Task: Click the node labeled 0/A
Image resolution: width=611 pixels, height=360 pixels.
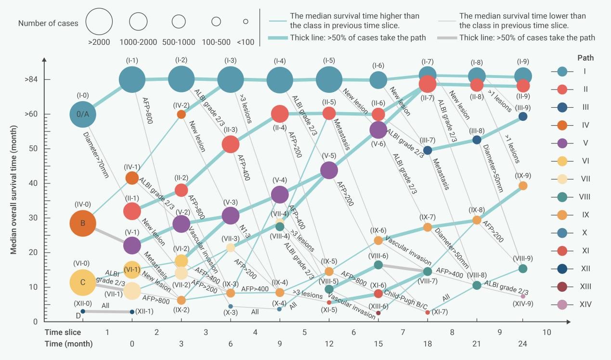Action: click(x=83, y=114)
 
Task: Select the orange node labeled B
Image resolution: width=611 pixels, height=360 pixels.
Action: click(x=83, y=223)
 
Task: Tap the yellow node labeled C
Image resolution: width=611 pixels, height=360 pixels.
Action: click(x=83, y=283)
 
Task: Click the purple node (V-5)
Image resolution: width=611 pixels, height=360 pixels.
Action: click(x=329, y=170)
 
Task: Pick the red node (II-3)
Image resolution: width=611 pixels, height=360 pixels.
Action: click(x=231, y=144)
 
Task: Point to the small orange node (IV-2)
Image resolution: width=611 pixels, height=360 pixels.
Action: click(x=181, y=115)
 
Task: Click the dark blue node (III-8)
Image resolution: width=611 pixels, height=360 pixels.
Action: click(x=477, y=140)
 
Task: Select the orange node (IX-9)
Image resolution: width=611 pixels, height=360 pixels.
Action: click(x=523, y=186)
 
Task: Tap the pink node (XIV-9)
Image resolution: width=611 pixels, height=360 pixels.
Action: click(x=523, y=296)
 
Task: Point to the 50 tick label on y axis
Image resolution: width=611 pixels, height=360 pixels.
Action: click(x=33, y=149)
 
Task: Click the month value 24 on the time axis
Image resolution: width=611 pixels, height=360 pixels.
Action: click(x=522, y=344)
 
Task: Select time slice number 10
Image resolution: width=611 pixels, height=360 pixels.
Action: click(x=546, y=332)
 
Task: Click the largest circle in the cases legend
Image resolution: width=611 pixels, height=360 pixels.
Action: click(x=99, y=22)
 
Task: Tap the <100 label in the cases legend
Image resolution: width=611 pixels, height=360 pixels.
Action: click(x=246, y=42)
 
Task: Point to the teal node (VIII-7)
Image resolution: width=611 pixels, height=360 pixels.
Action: click(x=428, y=271)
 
